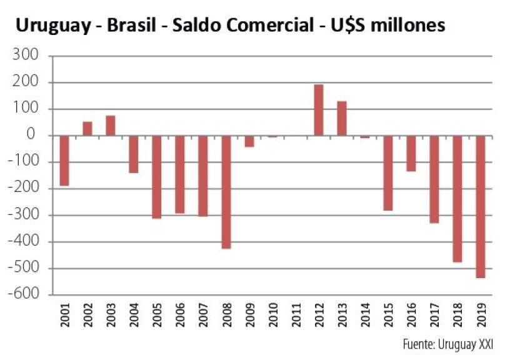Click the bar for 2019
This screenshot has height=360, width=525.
pos(480,206)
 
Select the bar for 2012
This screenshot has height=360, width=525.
pos(318,110)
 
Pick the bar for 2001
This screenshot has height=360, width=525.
pos(64,161)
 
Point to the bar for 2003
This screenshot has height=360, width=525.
pos(110,126)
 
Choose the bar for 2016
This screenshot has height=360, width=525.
pos(411,153)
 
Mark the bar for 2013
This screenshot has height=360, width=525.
pos(341,118)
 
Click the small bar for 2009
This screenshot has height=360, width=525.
pos(249,141)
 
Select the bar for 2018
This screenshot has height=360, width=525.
pos(457,199)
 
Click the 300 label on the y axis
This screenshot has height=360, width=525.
pos(27,56)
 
